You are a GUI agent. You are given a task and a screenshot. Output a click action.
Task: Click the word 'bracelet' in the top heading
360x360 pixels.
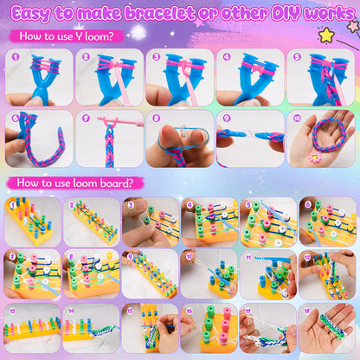point(160,13)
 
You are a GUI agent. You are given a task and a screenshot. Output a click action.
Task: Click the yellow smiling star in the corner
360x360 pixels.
point(326,35)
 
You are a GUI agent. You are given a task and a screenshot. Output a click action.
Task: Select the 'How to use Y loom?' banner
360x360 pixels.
point(67,36)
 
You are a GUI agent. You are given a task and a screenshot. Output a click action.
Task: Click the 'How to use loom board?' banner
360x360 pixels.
point(75,183)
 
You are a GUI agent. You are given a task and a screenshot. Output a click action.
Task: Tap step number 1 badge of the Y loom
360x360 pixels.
point(16,56)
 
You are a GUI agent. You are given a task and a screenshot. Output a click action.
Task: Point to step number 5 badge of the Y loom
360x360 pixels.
point(297,56)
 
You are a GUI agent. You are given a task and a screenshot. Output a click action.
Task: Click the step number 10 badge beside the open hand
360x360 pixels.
point(297,118)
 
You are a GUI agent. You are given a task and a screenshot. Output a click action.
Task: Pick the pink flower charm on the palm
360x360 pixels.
point(315,157)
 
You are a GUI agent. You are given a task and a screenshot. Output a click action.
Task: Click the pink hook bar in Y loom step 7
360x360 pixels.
point(119,120)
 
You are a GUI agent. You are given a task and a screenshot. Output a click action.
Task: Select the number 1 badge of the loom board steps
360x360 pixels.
point(12,205)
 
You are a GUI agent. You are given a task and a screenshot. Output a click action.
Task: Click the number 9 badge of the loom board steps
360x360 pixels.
point(130,256)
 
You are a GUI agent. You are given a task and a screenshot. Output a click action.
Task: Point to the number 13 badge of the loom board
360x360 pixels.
point(12,311)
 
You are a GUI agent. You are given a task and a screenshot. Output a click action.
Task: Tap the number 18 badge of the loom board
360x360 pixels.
point(307,311)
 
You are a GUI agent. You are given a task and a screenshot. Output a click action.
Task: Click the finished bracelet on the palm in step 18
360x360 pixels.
point(333,326)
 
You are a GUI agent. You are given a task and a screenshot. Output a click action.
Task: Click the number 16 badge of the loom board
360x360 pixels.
point(190,311)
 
